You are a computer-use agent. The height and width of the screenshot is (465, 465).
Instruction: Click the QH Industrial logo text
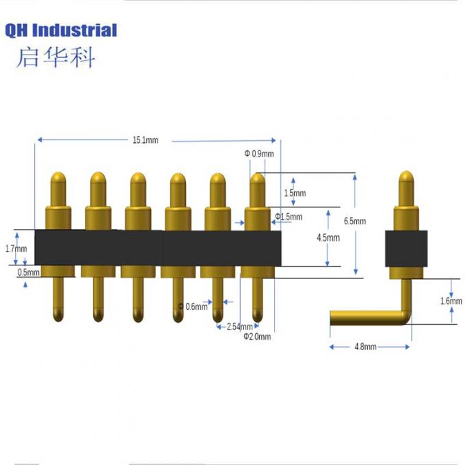62,30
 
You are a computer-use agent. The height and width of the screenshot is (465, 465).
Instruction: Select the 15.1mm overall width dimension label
145,140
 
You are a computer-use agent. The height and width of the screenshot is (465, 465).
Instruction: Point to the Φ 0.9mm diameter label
259,154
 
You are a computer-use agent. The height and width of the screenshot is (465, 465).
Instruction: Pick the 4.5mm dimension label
329,237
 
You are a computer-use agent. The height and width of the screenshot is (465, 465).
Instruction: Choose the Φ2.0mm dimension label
257,336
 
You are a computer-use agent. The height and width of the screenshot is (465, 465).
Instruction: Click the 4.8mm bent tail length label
365,347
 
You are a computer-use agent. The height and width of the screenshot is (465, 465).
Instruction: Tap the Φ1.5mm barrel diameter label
288,217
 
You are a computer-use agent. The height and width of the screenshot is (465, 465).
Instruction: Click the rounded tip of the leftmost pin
57,179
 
